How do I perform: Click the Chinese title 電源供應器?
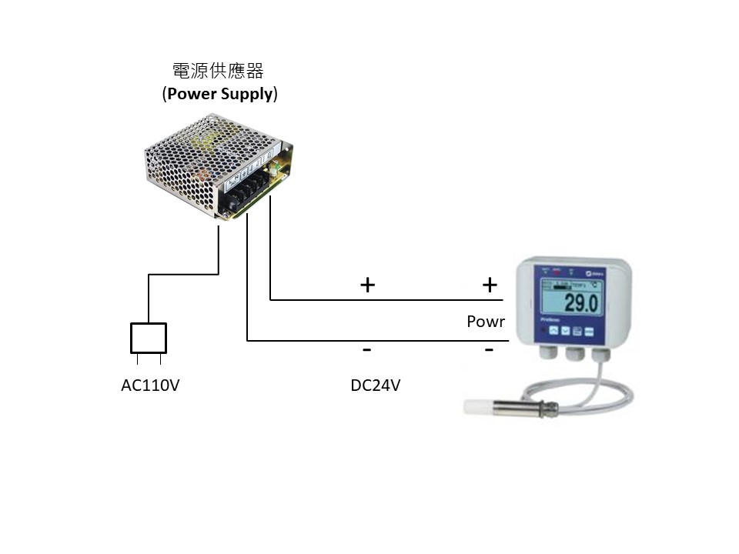coord(218,72)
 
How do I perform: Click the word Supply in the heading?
coord(249,95)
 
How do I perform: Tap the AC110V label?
coord(150,385)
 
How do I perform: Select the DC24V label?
coord(376,385)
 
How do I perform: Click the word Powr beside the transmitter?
coord(486,322)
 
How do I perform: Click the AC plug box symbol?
coord(149,337)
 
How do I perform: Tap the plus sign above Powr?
coord(490,285)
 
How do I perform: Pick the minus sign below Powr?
coord(489,350)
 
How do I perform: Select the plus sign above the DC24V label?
coord(367,285)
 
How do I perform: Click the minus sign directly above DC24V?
coord(367,350)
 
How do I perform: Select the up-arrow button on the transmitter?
coord(553,331)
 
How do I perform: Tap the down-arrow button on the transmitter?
coord(565,331)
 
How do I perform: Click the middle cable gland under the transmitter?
coord(574,355)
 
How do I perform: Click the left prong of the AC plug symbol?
coord(137,359)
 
